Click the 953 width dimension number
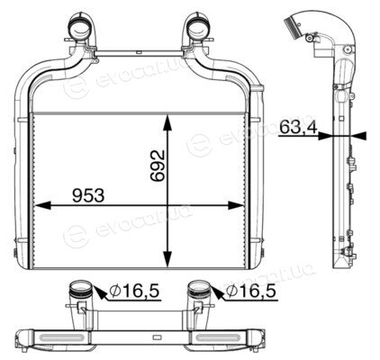[88, 195]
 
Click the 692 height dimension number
[158, 166]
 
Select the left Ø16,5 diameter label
[133, 291]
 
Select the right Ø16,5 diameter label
[251, 291]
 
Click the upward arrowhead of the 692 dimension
[167, 122]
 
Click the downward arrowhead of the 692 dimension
[167, 258]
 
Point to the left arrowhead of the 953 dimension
[42, 205]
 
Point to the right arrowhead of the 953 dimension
[236, 205]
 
